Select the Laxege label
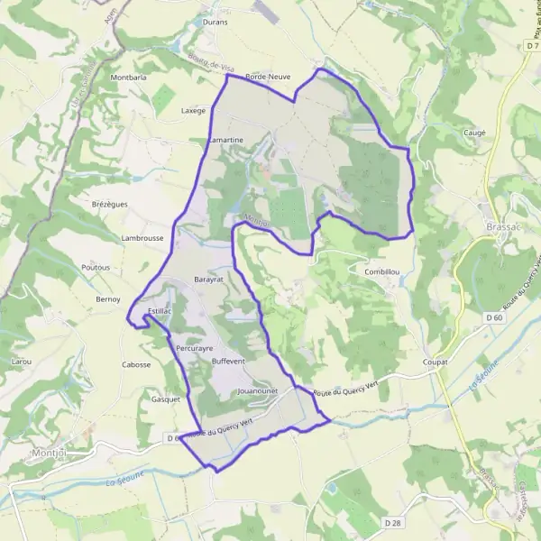(194, 111)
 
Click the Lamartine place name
(225, 141)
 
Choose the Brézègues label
(110, 204)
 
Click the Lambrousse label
(142, 237)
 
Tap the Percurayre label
(195, 346)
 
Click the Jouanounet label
(258, 392)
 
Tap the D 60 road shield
(493, 317)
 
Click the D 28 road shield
(391, 522)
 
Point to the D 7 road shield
(531, 44)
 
